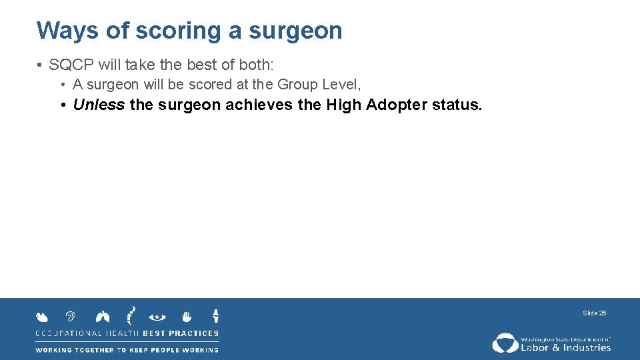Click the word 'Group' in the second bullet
coord(299,85)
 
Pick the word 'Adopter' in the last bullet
coord(397,105)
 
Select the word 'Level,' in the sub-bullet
coord(342,85)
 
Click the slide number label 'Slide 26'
coord(594,313)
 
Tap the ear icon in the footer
coord(70,317)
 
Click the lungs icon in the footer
coord(103,317)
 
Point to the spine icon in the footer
coord(131,315)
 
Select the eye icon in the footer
coord(158,317)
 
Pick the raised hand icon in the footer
coord(187,316)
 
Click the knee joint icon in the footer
coord(215,315)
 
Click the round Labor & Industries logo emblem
coord(505,343)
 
